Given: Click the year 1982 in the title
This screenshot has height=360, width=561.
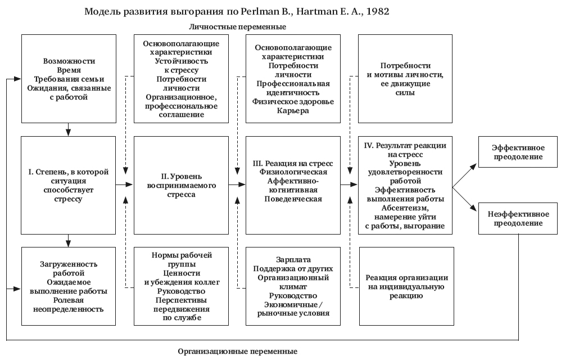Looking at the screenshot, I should (374, 11).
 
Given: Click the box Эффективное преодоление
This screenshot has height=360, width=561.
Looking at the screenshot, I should (518, 152).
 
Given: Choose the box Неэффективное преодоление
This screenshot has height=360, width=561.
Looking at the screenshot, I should (518, 218).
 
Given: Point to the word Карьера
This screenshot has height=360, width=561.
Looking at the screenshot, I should (293, 110).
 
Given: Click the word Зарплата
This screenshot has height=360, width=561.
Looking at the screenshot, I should (292, 260).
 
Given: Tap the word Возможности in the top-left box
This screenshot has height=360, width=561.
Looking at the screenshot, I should (69, 61).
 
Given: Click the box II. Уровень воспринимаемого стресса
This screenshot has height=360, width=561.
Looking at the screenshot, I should (181, 184).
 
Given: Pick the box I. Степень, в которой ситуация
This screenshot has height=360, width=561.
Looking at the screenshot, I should (69, 184).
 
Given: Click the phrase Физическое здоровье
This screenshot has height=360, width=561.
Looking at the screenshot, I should (293, 101).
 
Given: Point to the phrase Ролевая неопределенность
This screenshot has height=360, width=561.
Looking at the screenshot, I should (69, 304).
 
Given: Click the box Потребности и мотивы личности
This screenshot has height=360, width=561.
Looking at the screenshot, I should (406, 79).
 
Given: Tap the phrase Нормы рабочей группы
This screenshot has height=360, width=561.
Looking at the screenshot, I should (181, 260).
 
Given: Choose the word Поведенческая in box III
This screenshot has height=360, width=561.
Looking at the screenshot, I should (293, 198).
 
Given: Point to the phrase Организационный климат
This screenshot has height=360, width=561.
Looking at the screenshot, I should (292, 282).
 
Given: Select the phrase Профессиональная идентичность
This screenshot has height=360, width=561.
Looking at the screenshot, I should (293, 88).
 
